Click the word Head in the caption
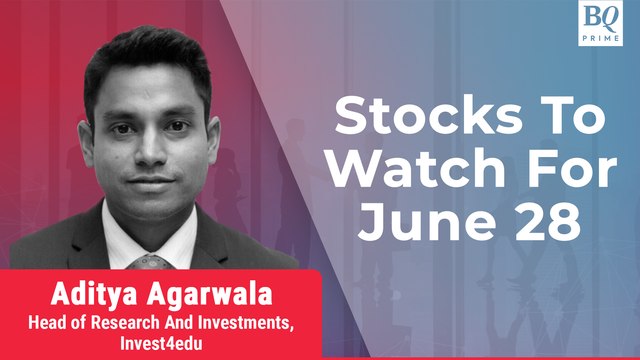coord(51,321)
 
